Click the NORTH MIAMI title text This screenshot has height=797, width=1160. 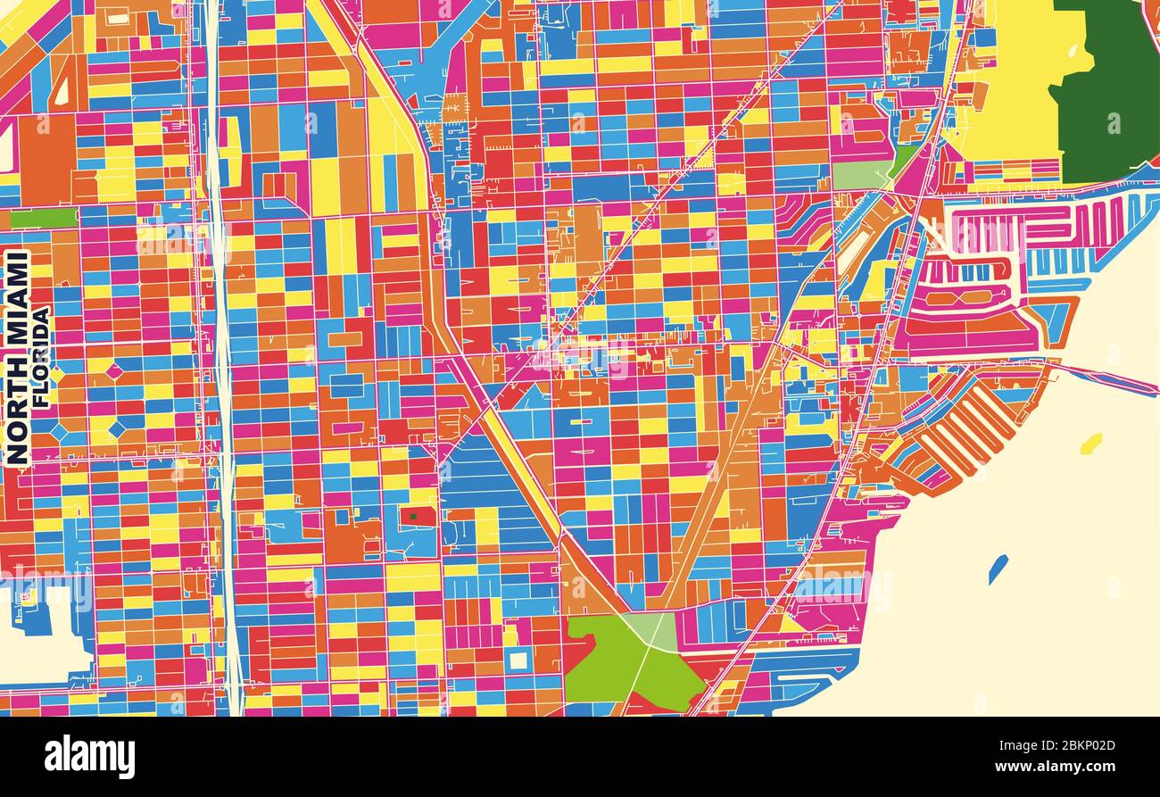(17, 357)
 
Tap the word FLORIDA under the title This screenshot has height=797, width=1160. (41, 357)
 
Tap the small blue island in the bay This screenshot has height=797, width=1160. (998, 569)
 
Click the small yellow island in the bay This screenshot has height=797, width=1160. (1090, 443)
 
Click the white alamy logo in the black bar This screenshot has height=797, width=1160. (89, 756)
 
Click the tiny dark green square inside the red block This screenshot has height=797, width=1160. (413, 516)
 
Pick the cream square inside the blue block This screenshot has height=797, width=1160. (518, 660)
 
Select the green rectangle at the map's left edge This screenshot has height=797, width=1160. (43, 218)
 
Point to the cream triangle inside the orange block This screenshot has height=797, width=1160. (62, 89)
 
